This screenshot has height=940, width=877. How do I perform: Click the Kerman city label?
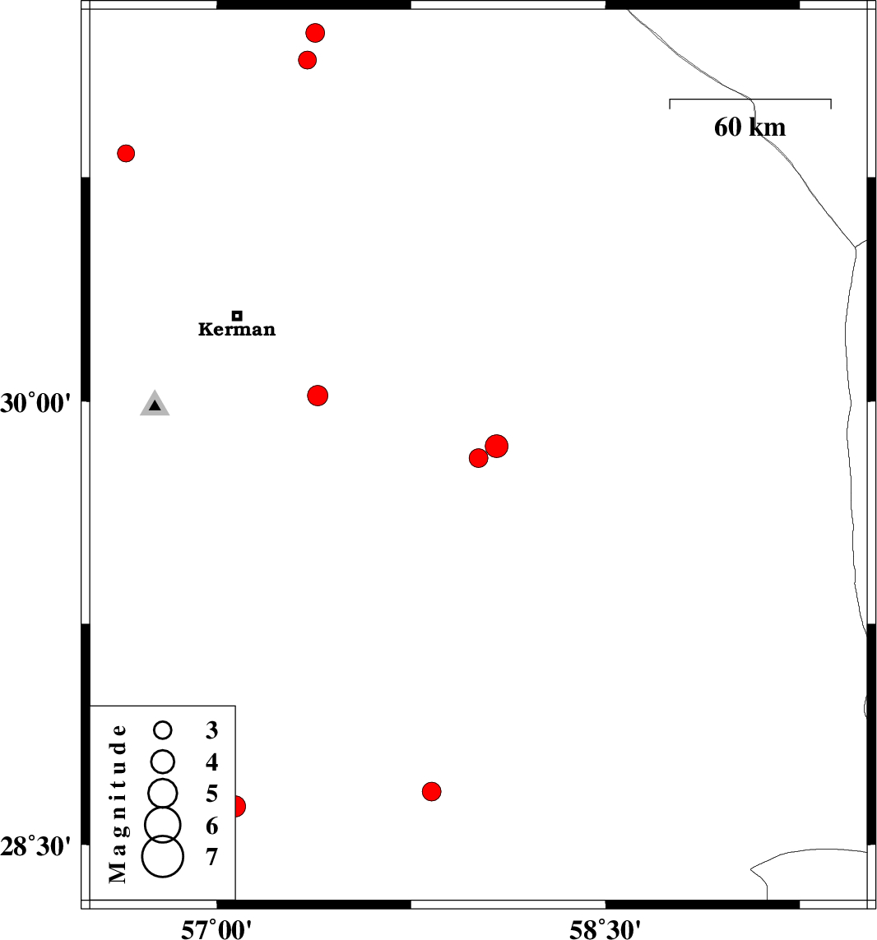click(x=237, y=329)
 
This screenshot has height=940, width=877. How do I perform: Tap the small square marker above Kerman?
click(x=237, y=315)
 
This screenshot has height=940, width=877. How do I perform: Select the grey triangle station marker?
click(x=155, y=404)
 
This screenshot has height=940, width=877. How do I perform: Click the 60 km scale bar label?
click(x=749, y=127)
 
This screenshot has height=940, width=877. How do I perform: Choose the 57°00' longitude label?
click(x=216, y=930)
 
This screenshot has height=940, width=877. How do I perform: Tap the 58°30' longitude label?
click(x=606, y=930)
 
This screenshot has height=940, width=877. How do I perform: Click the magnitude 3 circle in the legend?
click(x=163, y=729)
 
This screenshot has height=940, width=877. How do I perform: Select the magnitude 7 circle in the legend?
click(x=163, y=857)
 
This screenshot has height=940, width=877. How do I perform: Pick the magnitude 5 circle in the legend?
click(x=163, y=793)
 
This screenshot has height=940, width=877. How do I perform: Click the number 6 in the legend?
click(x=211, y=826)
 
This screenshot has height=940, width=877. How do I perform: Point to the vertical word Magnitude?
click(x=118, y=803)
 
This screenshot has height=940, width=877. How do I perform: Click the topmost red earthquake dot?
click(x=315, y=32)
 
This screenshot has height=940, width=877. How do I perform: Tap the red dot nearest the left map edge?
click(x=125, y=154)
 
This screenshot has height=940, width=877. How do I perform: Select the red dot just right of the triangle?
click(x=318, y=396)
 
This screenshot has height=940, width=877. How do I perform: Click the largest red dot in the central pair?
click(x=497, y=446)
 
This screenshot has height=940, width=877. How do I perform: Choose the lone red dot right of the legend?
click(x=431, y=791)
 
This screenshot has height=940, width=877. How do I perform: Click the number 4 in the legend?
click(x=211, y=762)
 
